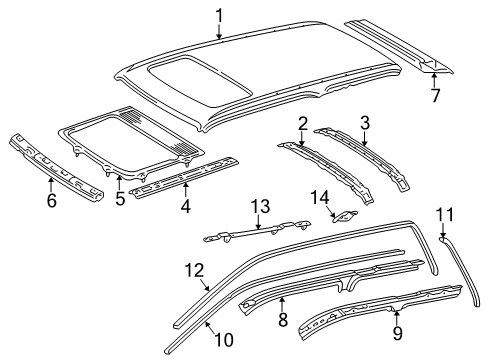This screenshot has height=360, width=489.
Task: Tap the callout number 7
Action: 434,96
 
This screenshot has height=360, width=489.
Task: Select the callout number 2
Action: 302,123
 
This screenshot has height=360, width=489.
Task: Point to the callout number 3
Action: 364,122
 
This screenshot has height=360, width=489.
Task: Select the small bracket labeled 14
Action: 344,213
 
